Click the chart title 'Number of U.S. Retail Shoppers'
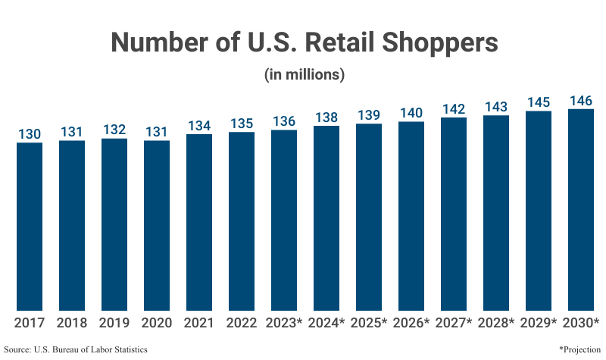(304, 42)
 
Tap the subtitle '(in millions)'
(304, 75)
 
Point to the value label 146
(581, 101)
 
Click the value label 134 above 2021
(199, 126)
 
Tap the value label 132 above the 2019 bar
(114, 130)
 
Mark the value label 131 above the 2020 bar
(157, 132)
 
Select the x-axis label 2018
(72, 323)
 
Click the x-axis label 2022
(242, 323)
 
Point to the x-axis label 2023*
(284, 323)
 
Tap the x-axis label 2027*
(454, 323)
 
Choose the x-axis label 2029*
(539, 323)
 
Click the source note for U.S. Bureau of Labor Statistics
(76, 349)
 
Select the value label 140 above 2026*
(411, 113)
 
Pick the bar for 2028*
(496, 213)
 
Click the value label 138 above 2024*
(326, 117)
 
